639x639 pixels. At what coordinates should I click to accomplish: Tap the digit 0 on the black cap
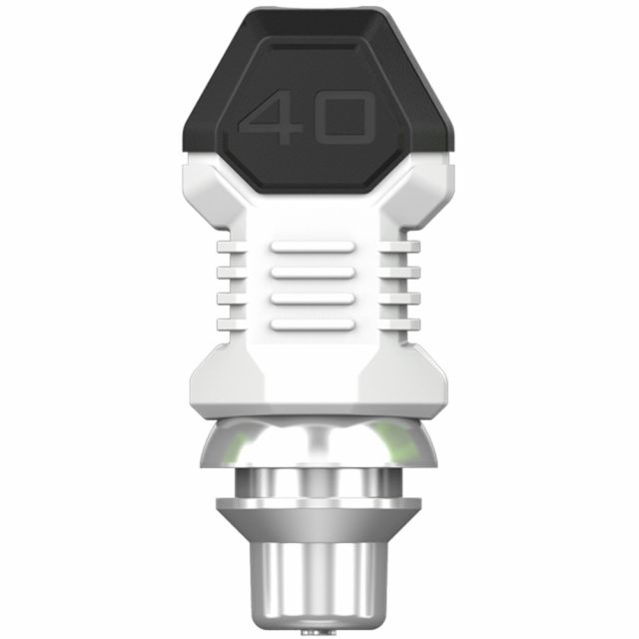pos(344,119)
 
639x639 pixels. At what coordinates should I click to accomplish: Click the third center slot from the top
pos(312,299)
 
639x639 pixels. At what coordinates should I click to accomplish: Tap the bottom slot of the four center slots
pos(312,324)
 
